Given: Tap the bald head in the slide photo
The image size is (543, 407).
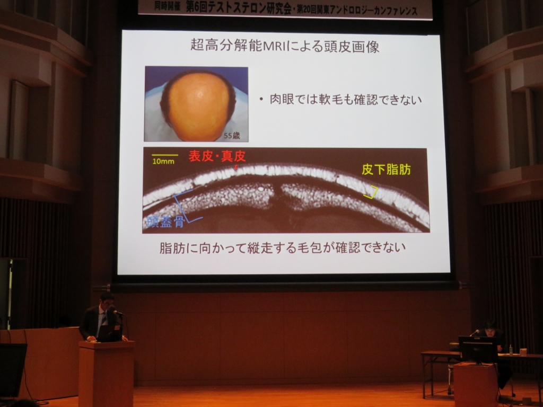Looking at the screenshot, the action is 199,105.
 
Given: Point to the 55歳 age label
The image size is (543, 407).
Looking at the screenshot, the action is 232,136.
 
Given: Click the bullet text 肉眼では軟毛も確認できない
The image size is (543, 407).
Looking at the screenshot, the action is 346,100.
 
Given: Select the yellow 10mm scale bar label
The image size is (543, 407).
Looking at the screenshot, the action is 163,161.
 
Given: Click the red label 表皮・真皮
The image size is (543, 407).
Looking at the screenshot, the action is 217,156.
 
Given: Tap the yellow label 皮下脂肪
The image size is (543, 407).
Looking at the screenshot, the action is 386,169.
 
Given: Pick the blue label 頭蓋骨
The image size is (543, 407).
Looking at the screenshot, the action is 165,222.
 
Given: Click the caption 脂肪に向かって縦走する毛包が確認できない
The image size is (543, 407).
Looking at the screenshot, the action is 282,248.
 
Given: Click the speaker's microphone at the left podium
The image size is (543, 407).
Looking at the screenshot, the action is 118,313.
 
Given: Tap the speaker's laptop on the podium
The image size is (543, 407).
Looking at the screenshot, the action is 109,333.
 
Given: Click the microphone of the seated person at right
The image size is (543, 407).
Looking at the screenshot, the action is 474,333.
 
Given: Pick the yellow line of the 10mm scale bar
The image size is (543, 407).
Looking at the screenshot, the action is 165,155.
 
